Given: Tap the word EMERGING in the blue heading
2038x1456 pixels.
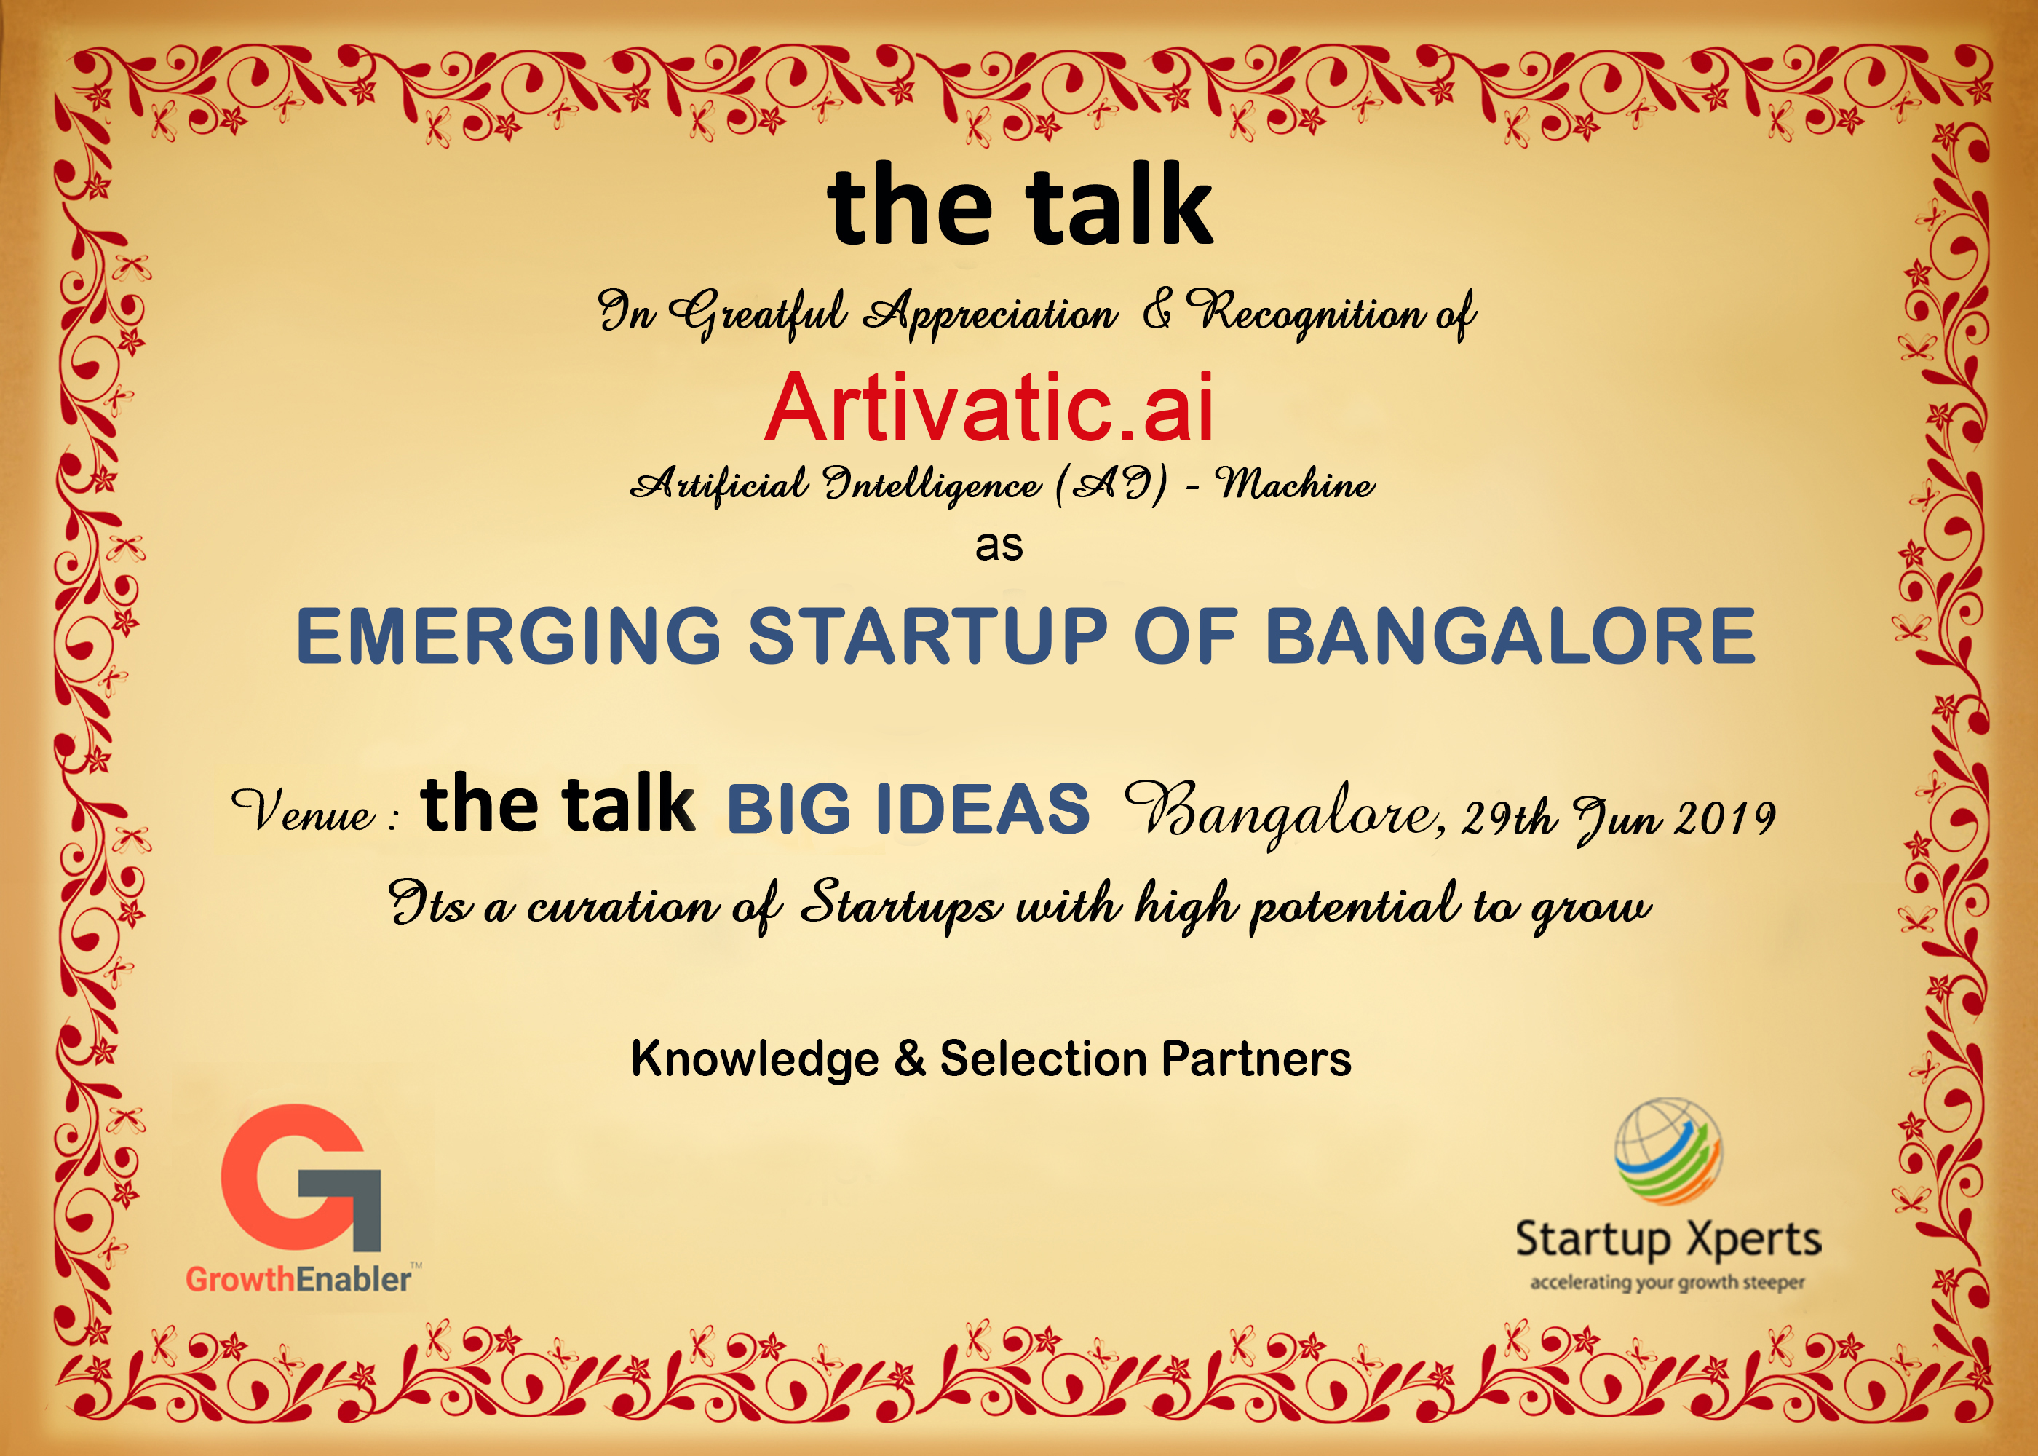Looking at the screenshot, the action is tap(509, 636).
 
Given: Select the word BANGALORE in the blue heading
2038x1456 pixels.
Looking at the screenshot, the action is tap(1510, 636).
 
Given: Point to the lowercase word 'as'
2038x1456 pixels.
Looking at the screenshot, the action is tap(999, 545).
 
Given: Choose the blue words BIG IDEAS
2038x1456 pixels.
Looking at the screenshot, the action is tap(908, 809).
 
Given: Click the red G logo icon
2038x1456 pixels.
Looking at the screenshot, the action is tap(300, 1177).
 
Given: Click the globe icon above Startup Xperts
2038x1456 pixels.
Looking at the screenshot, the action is tap(1668, 1150).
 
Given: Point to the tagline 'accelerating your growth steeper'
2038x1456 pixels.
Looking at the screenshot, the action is tap(1668, 1282).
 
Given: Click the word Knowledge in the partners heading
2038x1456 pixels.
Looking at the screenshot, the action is tap(756, 1060).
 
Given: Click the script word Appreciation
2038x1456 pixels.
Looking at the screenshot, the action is tap(991, 314).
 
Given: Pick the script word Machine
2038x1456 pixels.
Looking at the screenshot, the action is tap(1295, 483).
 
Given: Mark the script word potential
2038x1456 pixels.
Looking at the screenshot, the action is tap(1355, 906).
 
